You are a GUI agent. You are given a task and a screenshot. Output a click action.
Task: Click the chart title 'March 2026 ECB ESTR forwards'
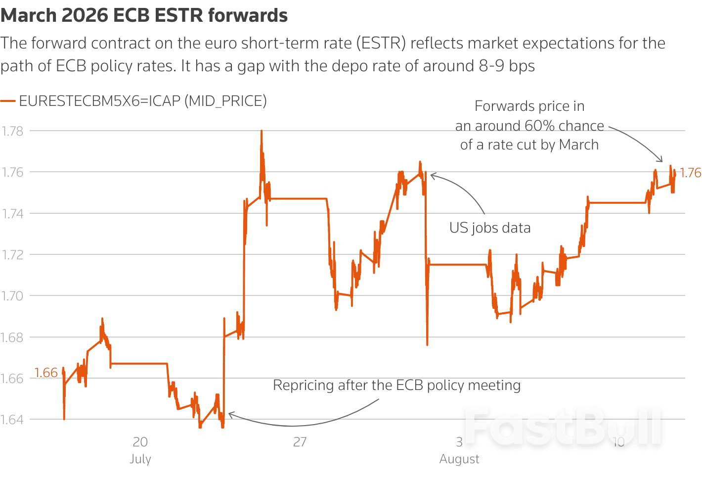coord(144,15)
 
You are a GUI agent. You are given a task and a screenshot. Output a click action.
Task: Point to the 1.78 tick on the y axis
coord(12,131)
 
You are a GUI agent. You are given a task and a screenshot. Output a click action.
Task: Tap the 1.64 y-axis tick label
coord(12,420)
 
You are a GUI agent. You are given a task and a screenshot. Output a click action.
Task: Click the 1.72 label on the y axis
coord(12,255)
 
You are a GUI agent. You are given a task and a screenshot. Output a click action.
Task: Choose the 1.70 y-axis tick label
coord(12,296)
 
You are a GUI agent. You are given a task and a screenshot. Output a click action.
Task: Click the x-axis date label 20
coord(140,441)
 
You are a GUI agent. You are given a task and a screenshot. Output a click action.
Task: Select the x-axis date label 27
coord(300,441)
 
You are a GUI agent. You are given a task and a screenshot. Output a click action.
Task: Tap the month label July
coord(140,459)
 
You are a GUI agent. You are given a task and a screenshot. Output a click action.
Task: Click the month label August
coord(459,459)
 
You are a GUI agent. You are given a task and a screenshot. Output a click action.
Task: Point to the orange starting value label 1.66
coord(46,373)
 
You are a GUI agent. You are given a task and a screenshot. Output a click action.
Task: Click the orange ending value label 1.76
coord(690,173)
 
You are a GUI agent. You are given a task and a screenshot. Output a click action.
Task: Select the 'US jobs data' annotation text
coord(490,228)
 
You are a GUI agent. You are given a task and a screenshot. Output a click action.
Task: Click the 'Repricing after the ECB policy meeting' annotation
coord(396,385)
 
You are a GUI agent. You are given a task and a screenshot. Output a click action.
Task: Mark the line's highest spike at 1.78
coord(262,131)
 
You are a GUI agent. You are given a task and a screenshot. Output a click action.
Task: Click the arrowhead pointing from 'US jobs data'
coord(432,175)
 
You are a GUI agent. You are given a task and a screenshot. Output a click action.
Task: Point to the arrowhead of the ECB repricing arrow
coord(229,415)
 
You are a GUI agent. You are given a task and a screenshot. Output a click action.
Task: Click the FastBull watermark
coord(564,427)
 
